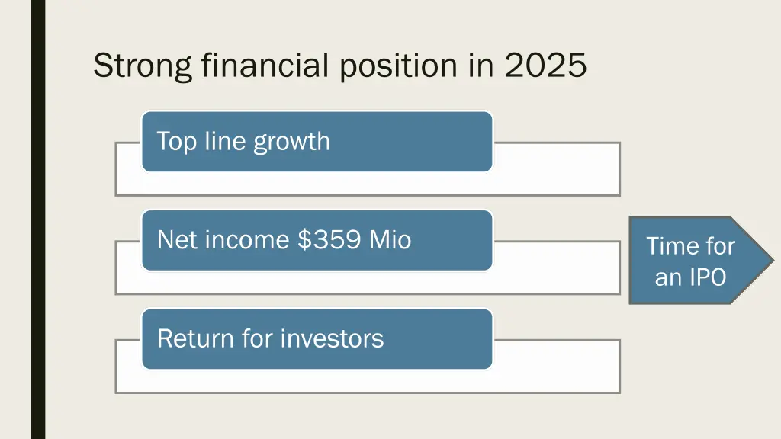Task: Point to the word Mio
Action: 390,240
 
